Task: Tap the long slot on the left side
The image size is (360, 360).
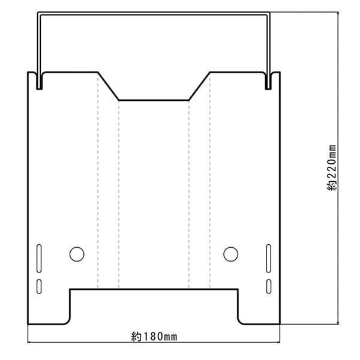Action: (39, 258)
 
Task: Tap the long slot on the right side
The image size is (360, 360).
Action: (268, 258)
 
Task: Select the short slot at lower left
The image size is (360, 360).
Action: (39, 286)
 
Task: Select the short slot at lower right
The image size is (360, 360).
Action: (268, 286)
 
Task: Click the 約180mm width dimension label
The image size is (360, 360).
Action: (154, 337)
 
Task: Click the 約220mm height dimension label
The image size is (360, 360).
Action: (332, 168)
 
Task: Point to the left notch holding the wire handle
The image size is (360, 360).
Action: (39, 81)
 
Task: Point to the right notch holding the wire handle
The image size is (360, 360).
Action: (268, 81)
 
